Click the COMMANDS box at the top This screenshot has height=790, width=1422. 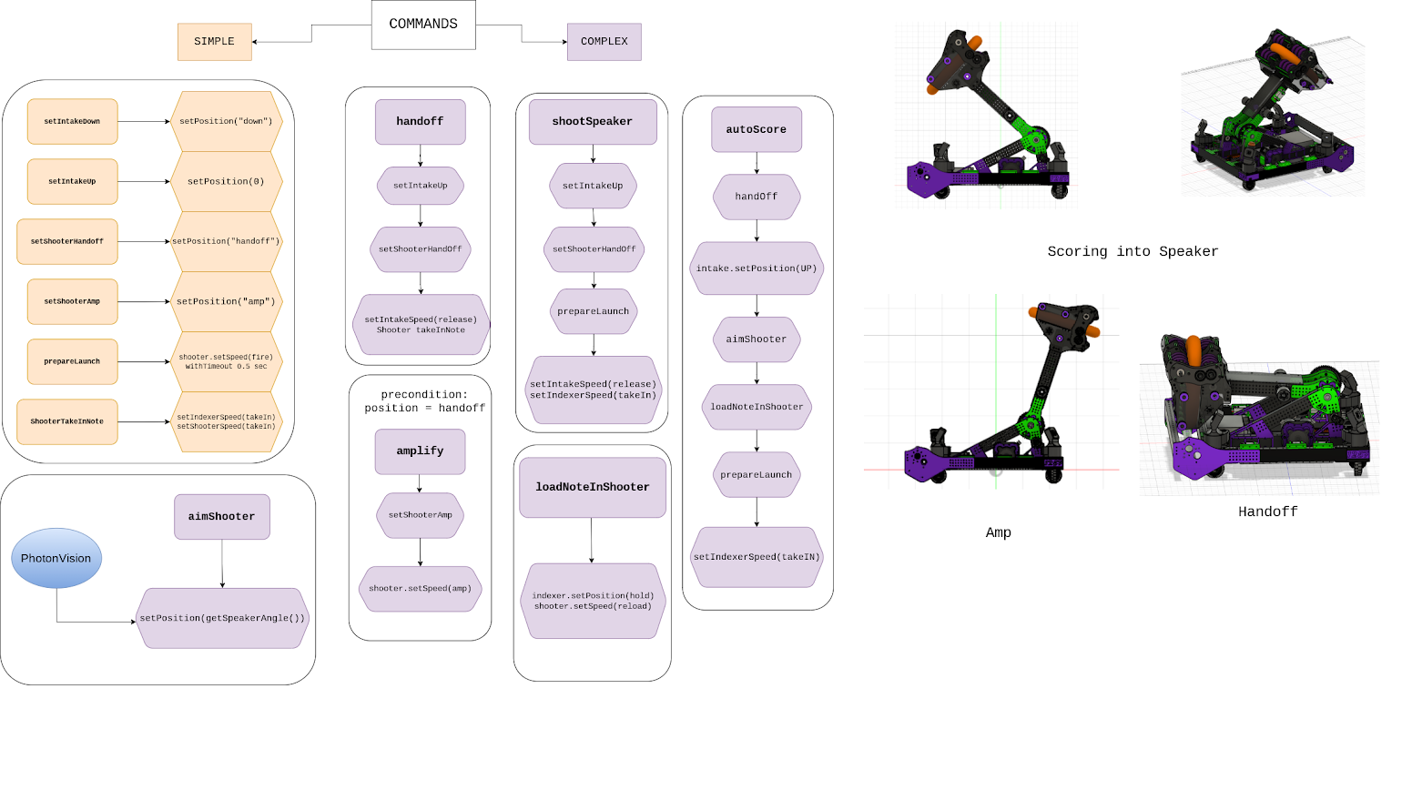[x=423, y=25]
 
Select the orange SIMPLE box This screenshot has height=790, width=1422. [x=214, y=42]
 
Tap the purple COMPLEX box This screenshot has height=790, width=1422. [x=604, y=42]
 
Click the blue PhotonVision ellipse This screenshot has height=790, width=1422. [x=56, y=558]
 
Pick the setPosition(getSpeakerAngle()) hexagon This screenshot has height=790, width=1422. [x=222, y=618]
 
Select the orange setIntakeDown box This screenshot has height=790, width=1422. [x=72, y=121]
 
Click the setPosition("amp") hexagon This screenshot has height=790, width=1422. [x=226, y=301]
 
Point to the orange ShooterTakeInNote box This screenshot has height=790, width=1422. [x=67, y=421]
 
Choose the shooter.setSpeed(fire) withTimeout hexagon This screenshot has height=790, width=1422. [x=226, y=361]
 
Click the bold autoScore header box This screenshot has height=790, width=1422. [x=756, y=129]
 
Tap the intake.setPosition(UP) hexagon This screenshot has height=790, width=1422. [x=756, y=268]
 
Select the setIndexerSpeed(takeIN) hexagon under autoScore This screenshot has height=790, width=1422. [x=756, y=557]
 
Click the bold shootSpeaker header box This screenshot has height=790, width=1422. [x=592, y=121]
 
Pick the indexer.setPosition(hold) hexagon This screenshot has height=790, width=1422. [x=593, y=601]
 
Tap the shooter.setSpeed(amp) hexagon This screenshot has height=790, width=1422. [x=420, y=589]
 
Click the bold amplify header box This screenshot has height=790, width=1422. [x=420, y=451]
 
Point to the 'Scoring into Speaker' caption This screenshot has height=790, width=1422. [x=1133, y=251]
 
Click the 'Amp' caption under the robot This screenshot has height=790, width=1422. [x=998, y=532]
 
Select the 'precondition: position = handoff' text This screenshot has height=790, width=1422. [x=424, y=401]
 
